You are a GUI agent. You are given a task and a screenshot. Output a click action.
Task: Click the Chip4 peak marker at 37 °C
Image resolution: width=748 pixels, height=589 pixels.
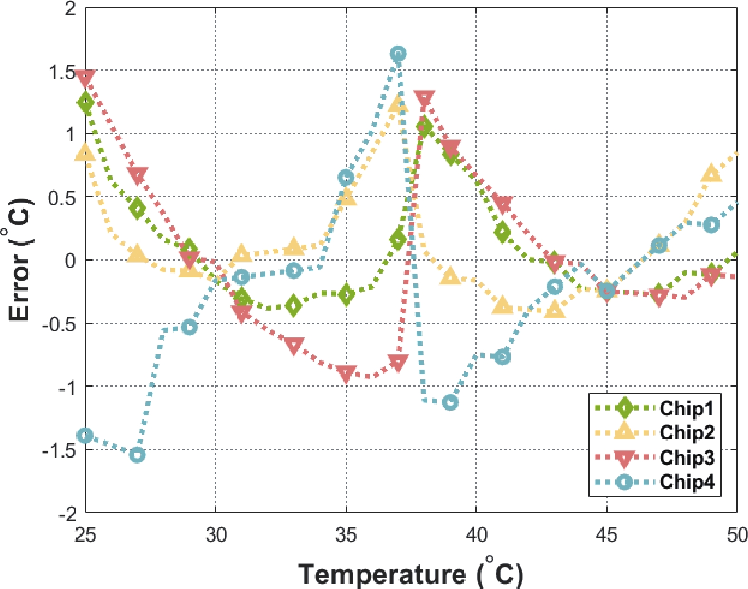[398, 54]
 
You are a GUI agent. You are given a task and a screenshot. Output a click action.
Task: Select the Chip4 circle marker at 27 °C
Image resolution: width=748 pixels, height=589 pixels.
[137, 455]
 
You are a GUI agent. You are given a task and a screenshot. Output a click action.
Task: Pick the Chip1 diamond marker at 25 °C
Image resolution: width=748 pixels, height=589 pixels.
[86, 102]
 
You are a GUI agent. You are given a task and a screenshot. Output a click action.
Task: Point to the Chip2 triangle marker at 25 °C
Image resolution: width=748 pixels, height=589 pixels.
[85, 153]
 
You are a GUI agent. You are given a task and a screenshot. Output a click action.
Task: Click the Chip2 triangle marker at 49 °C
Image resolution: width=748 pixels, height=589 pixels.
[710, 174]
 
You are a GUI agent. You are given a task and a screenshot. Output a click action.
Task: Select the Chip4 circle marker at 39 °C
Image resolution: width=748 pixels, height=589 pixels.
[450, 402]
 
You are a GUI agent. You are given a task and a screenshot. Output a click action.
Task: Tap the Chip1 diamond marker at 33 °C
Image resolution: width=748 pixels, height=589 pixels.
[294, 305]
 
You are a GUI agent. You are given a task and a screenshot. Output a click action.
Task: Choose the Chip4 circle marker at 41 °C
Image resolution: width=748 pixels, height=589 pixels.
[502, 357]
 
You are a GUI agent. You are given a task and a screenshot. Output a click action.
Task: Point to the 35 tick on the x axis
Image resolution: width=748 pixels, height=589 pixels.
[346, 534]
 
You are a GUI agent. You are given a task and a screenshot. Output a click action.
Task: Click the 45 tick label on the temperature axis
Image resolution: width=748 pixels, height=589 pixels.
[606, 534]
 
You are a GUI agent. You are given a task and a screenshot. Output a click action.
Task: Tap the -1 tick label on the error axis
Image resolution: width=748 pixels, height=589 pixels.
[66, 388]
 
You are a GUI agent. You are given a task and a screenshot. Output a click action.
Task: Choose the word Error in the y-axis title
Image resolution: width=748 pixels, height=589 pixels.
[20, 287]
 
